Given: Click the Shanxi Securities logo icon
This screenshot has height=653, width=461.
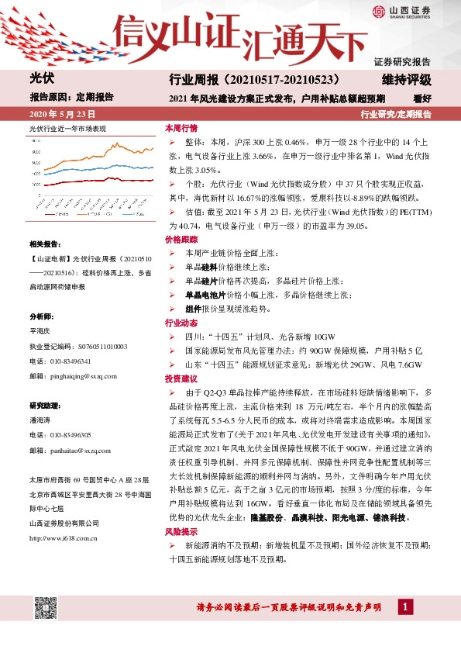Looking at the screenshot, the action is pos(379,10).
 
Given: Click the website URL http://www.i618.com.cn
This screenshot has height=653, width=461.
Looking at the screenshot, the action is pos(63,515).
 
